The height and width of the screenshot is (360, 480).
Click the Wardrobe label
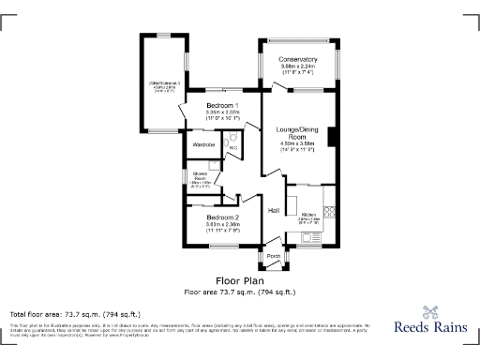pos(203,145)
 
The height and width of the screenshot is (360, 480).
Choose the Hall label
pos(275,211)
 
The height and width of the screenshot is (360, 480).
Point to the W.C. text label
pos(232,147)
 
